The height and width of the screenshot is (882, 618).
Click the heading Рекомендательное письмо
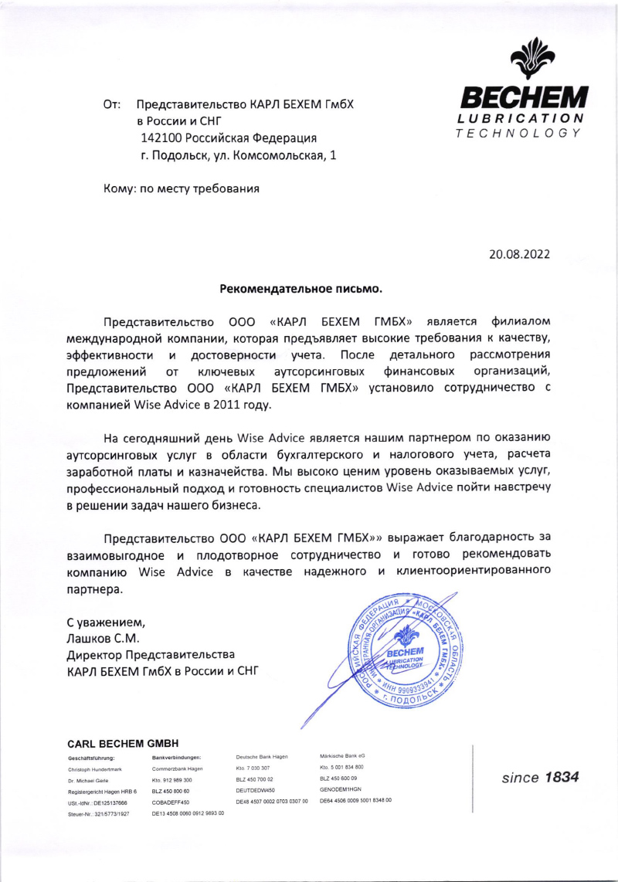301,289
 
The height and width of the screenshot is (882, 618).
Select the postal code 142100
162,137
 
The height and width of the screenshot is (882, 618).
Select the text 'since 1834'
540,778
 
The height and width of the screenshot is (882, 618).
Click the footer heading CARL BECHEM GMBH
123,744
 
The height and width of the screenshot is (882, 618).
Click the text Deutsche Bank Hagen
262,757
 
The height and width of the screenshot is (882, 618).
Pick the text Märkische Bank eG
342,755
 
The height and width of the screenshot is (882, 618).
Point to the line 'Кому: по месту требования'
182,188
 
